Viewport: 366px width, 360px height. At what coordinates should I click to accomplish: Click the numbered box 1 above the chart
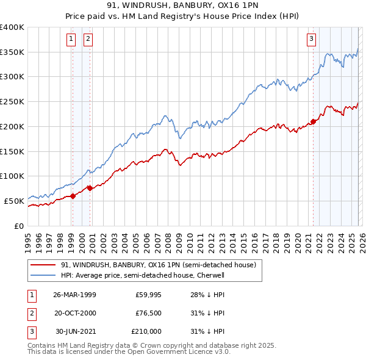[x=71, y=39]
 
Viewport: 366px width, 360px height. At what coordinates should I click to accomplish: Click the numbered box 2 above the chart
[x=88, y=39]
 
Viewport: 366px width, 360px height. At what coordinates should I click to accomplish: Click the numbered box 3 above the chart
[x=312, y=39]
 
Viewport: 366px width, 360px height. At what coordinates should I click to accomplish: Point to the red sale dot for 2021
[x=313, y=121]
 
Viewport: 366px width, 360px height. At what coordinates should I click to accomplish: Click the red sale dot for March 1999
[x=73, y=196]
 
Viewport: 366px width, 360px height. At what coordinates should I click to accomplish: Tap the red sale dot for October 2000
[x=90, y=188]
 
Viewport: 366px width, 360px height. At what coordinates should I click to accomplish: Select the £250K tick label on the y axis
[x=12, y=101]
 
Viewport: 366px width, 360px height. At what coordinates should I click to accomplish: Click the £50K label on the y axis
[x=14, y=201]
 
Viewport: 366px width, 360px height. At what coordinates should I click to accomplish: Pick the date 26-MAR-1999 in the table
[x=74, y=295]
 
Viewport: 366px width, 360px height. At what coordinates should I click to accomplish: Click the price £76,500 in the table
[x=148, y=313]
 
